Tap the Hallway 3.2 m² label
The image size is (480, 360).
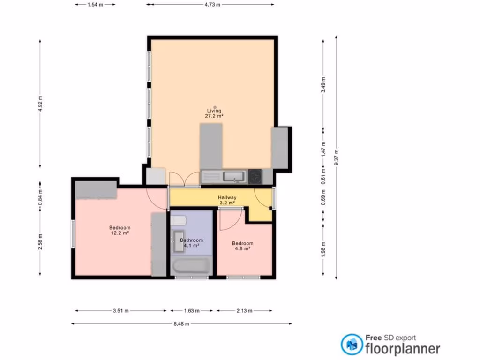[x=227, y=201]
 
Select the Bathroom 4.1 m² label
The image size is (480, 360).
[x=191, y=243]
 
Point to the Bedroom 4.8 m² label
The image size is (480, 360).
[x=243, y=246]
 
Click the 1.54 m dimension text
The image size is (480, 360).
[x=95, y=4]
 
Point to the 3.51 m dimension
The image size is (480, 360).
[x=121, y=310]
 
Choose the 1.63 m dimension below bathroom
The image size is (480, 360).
[x=192, y=310]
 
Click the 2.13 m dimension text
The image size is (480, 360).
[x=244, y=310]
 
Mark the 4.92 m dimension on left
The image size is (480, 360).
[x=40, y=104]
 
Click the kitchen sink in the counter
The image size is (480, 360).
[x=233, y=176]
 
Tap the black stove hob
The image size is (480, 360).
[x=255, y=176]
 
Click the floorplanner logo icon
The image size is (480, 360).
[x=351, y=344]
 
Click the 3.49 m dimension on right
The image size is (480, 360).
[x=323, y=85]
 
